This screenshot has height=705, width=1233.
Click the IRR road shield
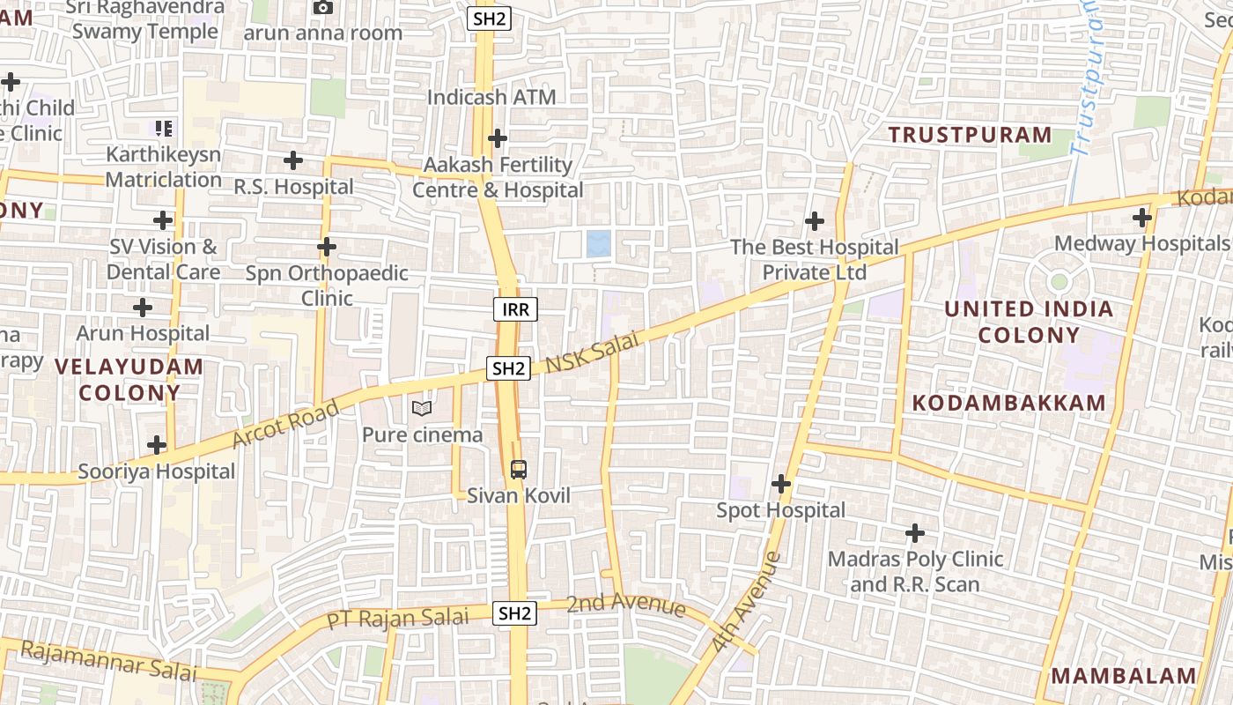(514, 309)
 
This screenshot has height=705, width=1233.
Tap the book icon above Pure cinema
(422, 409)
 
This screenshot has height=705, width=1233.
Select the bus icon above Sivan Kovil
(519, 469)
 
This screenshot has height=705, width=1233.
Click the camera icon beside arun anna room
(323, 8)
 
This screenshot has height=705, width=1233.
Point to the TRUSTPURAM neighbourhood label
(970, 135)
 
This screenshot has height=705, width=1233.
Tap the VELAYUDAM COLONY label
(129, 379)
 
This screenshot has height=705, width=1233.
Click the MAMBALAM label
(1125, 676)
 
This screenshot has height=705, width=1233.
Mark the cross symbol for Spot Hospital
(780, 484)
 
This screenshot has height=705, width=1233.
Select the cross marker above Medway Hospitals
(1142, 217)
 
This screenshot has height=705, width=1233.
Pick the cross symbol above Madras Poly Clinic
(915, 533)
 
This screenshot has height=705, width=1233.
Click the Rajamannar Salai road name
(107, 661)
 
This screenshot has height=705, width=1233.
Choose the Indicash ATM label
(491, 97)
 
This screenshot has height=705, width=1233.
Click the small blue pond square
(599, 243)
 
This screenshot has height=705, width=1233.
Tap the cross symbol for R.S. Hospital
(293, 160)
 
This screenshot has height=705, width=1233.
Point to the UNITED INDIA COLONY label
(1029, 322)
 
